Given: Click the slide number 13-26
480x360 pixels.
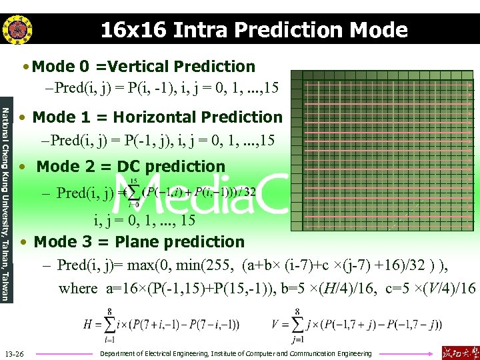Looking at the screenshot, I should coord(15,353).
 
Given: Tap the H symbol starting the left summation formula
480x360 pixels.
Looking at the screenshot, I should coord(89,325).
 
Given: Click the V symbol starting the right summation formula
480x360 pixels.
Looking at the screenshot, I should coord(277,325).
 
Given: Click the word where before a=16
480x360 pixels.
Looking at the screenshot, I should coord(78,289).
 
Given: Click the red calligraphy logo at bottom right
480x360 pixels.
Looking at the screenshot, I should coord(458,352).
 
